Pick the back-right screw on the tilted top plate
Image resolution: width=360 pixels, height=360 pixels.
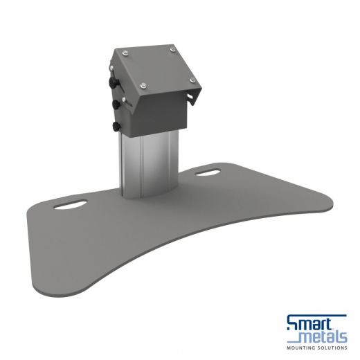[x=170, y=48]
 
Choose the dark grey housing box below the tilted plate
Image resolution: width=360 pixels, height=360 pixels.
[x=156, y=114]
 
